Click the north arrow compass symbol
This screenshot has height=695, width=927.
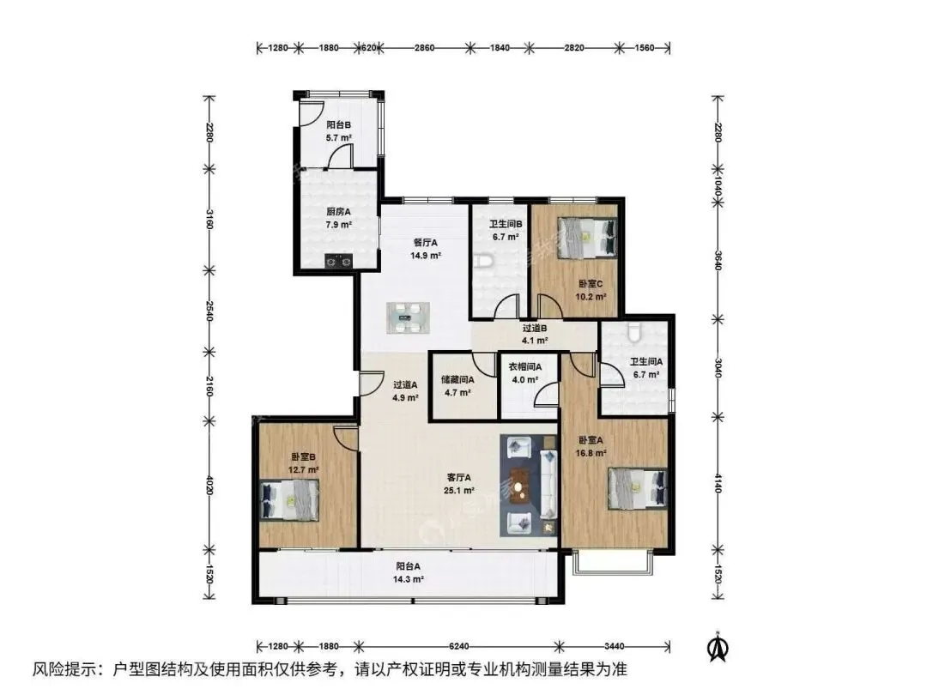[x=718, y=647]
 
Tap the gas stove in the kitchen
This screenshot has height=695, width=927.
[x=338, y=260]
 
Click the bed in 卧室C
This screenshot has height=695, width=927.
[x=588, y=238]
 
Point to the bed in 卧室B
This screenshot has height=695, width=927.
[x=290, y=499]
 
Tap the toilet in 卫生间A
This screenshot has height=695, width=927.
[x=634, y=332]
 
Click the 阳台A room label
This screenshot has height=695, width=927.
[x=409, y=566]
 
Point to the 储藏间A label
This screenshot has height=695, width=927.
[x=457, y=380]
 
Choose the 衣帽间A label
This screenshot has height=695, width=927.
[x=525, y=367]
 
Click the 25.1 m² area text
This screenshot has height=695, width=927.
[x=459, y=491]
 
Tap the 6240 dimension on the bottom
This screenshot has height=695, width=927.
[x=458, y=646]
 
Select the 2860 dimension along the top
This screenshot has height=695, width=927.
[x=425, y=48]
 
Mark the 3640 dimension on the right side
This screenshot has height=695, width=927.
[x=718, y=261]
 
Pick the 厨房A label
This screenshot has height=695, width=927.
[x=339, y=212]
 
